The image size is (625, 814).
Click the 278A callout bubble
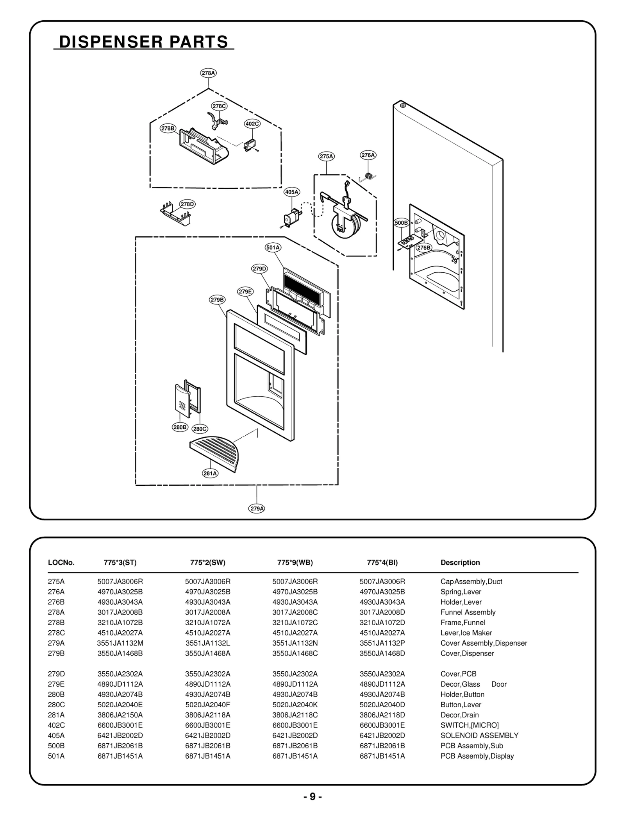tap(208, 73)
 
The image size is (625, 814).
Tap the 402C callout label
tap(252, 124)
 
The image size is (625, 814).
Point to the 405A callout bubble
tap(292, 192)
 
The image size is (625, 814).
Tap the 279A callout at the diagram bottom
tap(257, 508)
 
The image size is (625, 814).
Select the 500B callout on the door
tap(401, 223)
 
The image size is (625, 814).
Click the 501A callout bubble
tap(273, 247)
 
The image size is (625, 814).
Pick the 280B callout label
tap(180, 427)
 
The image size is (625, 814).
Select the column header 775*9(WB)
tap(295, 563)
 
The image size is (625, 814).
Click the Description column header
tap(460, 563)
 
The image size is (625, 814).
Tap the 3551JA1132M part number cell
tap(120, 643)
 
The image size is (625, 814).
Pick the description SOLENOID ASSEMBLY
tap(479, 735)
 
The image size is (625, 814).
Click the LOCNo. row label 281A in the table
tap(56, 715)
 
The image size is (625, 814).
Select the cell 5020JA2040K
tap(295, 705)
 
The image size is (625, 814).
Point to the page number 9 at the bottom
tap(312, 796)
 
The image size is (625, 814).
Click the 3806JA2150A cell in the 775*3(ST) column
tap(120, 715)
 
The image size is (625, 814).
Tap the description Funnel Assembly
tap(468, 612)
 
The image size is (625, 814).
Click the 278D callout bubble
tap(187, 204)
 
